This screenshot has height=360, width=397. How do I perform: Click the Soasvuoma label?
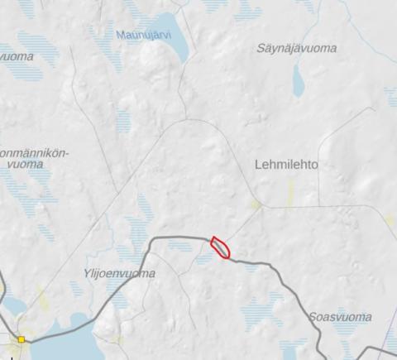pos(339,317)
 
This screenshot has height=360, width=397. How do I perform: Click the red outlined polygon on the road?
pos(221,247)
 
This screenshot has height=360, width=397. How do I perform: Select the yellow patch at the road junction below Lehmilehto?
pos(256,203)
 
